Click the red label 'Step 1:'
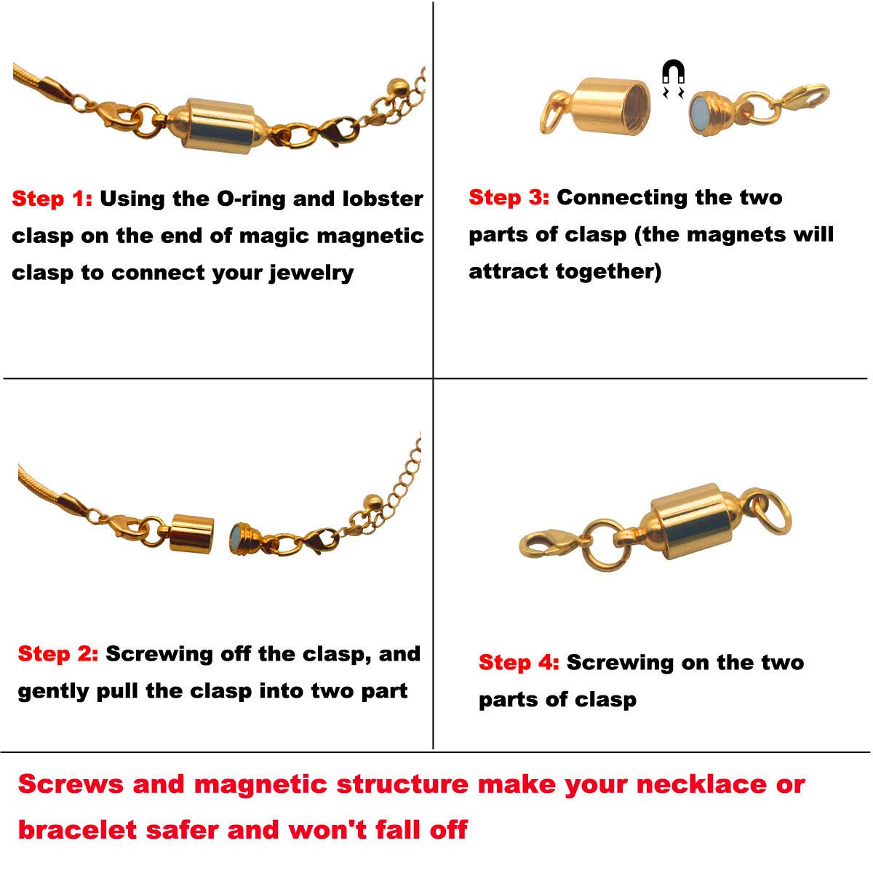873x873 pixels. point(52,199)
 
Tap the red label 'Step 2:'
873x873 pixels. point(58,654)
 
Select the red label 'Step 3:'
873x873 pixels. point(509,198)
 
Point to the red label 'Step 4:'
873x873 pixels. point(519,663)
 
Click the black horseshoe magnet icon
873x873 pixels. point(673,78)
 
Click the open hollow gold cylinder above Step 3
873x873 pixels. point(610,106)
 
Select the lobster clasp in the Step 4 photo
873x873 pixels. point(549,543)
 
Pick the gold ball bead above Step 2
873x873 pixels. point(373,501)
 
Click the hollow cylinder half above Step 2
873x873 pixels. point(191,534)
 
